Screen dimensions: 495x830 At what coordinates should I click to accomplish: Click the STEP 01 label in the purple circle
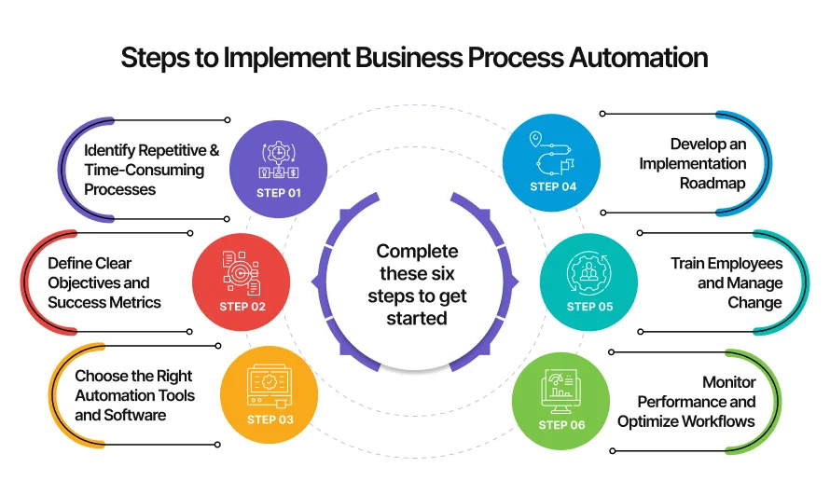pos(279,193)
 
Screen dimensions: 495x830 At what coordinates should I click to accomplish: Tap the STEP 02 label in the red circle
pos(242,306)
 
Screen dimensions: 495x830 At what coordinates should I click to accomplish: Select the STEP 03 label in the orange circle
pos(270,419)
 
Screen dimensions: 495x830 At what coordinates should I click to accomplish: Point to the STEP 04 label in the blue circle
pos(553,186)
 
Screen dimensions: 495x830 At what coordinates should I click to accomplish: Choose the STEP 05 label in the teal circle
pos(590,306)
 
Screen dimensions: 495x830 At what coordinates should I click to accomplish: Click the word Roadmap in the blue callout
pos(712,183)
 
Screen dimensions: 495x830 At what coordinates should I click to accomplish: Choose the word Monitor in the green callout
pos(729,382)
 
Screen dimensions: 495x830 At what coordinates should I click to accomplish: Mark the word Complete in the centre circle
pos(417,252)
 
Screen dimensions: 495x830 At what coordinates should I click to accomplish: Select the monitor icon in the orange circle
pos(270,385)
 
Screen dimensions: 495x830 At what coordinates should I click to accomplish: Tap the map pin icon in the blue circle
pos(535,140)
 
